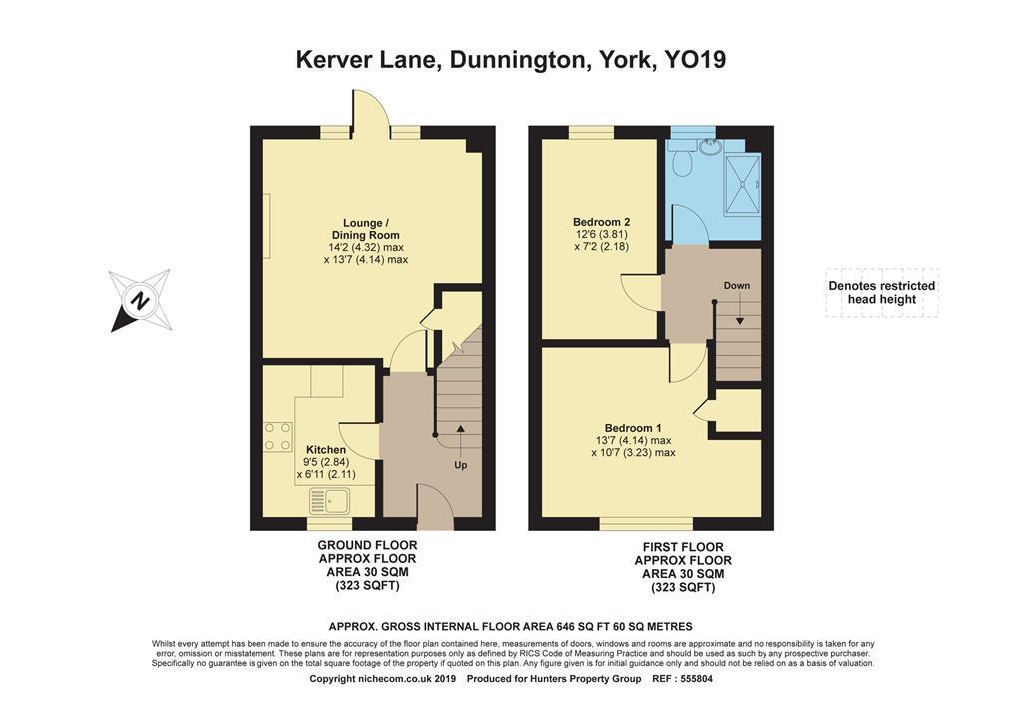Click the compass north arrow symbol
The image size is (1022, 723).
point(139,299)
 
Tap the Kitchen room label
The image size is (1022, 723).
point(326,450)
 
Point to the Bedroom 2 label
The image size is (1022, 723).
point(601,221)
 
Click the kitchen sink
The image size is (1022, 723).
point(328,501)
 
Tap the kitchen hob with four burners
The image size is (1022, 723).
point(278,437)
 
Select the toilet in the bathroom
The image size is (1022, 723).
point(682,159)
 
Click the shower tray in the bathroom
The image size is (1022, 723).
point(740,184)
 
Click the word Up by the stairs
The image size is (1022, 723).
point(460,465)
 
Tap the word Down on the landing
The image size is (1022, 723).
point(737,286)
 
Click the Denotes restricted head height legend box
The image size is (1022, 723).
point(882,293)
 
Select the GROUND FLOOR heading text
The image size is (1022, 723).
point(366,545)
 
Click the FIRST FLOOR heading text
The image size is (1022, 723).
point(683,548)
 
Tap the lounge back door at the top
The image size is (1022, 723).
point(370,112)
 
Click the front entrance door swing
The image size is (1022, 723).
point(435,509)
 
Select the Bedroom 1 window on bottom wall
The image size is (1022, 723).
point(646,523)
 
